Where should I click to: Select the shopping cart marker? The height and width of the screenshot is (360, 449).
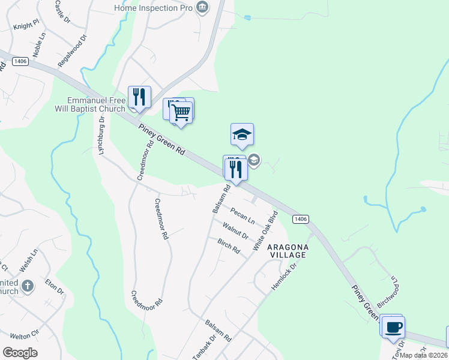[x=181, y=112]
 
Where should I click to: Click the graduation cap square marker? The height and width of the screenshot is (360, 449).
[x=242, y=134]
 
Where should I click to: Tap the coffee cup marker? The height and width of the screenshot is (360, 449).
[x=393, y=328]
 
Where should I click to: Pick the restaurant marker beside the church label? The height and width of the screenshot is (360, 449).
[x=139, y=97]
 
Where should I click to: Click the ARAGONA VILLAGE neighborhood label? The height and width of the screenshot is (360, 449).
[x=287, y=251]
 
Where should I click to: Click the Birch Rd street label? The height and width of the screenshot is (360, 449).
[x=229, y=247]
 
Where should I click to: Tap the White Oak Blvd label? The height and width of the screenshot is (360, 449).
[x=265, y=231]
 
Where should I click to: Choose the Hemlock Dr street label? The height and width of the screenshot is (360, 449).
[x=284, y=277]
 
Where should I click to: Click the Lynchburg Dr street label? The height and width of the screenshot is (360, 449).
[x=102, y=136]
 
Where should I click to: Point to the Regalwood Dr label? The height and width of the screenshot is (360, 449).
[x=73, y=50]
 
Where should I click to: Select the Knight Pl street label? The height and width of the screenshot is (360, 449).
[x=26, y=24]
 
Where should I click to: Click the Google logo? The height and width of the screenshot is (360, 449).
[x=20, y=353]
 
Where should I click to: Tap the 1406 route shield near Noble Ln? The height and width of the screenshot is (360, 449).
[x=20, y=61]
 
